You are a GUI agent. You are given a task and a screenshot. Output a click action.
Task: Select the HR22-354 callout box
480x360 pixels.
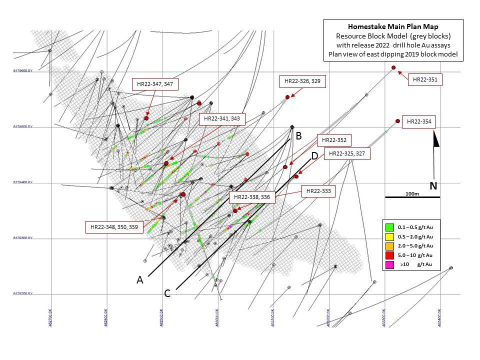(419, 121)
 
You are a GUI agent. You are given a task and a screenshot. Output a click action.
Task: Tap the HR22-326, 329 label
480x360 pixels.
(302, 81)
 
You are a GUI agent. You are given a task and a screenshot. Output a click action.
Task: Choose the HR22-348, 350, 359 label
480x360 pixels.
(114, 227)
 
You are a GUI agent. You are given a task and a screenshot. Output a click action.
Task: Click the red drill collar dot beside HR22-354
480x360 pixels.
(397, 121)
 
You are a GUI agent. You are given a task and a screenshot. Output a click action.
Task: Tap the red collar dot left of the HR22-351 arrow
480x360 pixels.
(393, 67)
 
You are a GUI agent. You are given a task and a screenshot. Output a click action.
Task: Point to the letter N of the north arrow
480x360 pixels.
(433, 186)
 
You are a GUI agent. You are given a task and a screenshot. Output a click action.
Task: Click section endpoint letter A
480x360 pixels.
(140, 280)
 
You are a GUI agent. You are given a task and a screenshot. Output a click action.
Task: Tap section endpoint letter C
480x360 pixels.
(167, 293)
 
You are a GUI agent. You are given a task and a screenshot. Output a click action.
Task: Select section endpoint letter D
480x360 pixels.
(314, 156)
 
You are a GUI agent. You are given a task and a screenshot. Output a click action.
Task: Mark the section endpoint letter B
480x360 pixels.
(298, 135)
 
